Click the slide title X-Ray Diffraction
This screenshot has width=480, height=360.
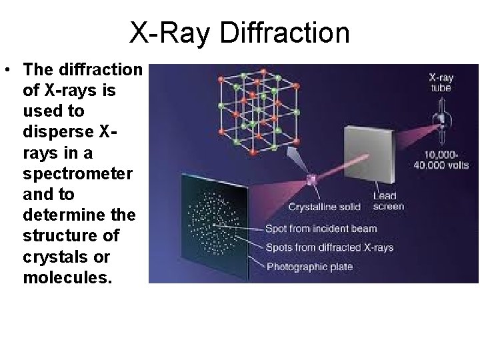[239, 33]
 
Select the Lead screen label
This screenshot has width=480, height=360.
[387, 201]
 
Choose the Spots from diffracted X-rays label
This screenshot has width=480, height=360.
[330, 248]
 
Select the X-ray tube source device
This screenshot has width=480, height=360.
[439, 122]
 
